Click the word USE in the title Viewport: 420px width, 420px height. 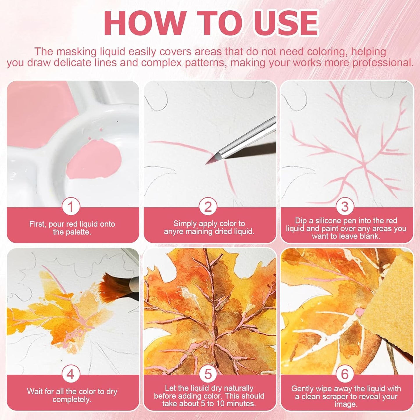coord(285,23)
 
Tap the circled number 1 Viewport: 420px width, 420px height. coord(71,206)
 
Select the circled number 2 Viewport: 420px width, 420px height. coord(208,206)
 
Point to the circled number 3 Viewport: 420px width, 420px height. coord(345,206)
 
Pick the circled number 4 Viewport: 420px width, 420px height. coord(71,374)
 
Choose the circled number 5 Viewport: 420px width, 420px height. coord(208,374)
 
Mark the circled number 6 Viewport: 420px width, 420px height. coord(345,374)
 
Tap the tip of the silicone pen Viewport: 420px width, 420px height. coord(206,164)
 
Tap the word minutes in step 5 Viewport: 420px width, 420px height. coord(242,404)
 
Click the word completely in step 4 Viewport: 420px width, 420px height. coord(72,400)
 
